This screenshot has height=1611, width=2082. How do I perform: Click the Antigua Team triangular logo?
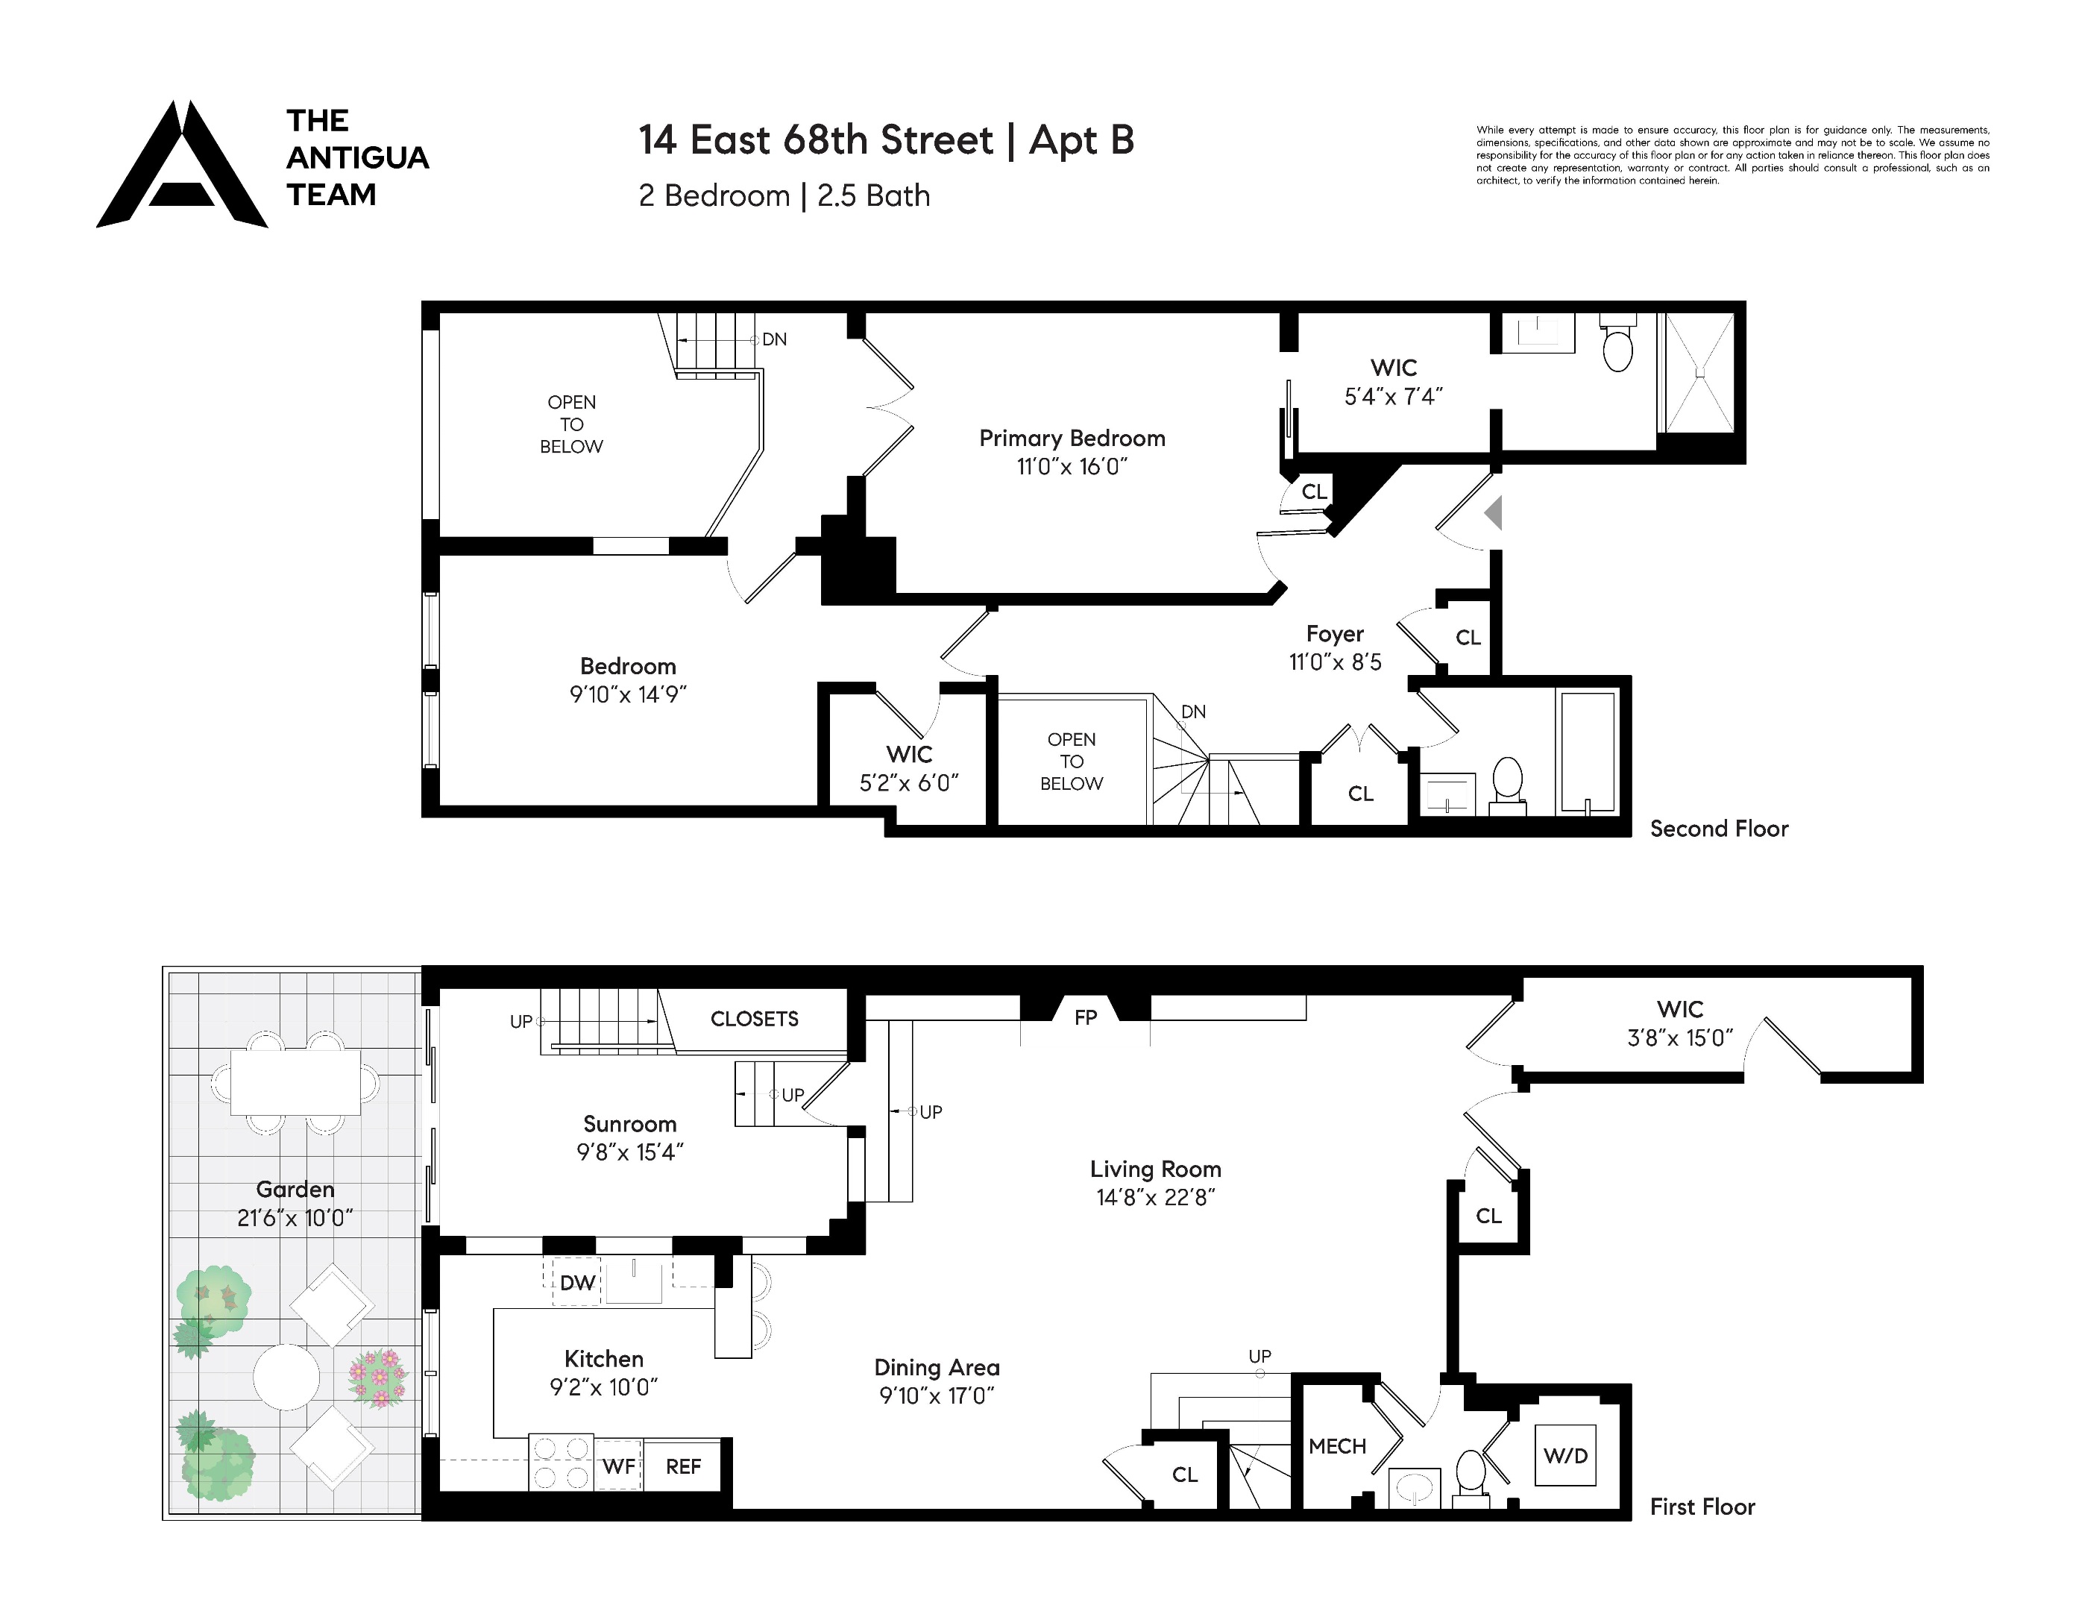click(x=181, y=167)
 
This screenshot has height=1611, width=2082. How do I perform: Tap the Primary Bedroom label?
click(x=1072, y=439)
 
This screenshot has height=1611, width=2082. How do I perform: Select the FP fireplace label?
click(x=1085, y=1017)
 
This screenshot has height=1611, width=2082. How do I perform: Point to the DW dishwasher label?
click(x=576, y=1283)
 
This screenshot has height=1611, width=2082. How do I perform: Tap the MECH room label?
click(x=1336, y=1446)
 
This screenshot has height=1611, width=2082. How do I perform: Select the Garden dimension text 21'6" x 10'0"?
click(x=295, y=1218)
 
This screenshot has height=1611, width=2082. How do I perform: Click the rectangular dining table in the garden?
click(x=295, y=1082)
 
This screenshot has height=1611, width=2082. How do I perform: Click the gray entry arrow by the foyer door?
click(x=1494, y=513)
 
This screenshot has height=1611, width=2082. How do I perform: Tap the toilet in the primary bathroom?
click(x=1617, y=345)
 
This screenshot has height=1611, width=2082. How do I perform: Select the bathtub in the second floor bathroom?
click(x=1588, y=753)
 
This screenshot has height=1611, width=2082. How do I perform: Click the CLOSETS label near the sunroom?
click(x=754, y=1019)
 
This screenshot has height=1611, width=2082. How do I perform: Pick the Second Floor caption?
click(x=1719, y=829)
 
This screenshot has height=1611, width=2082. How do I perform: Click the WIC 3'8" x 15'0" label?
click(x=1680, y=1023)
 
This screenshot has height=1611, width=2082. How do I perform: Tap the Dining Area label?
click(x=936, y=1368)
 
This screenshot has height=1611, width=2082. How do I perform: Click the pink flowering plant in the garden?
click(x=379, y=1378)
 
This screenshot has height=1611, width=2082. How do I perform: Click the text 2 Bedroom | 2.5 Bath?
click(x=784, y=195)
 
